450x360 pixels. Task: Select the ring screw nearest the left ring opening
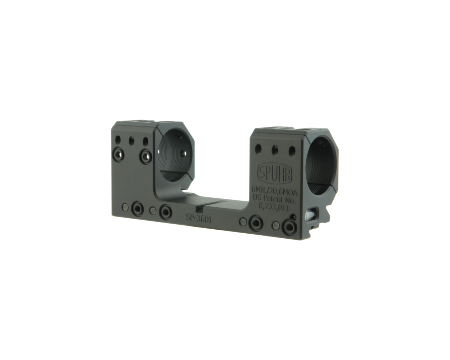[x=146, y=156]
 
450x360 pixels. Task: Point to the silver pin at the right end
[x=309, y=215]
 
